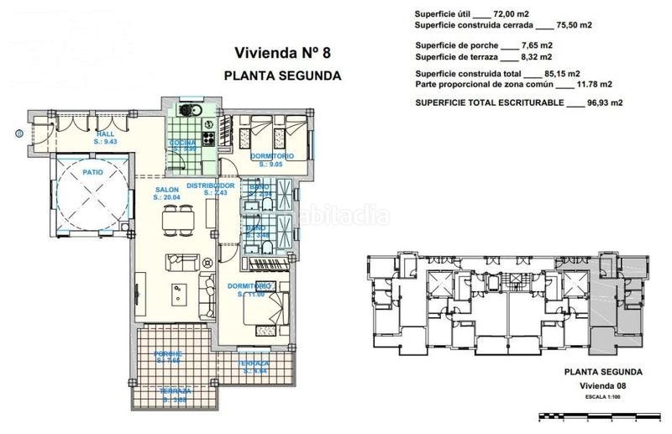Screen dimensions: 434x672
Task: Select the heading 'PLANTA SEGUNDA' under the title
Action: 282,75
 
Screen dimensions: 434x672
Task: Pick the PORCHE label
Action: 168,356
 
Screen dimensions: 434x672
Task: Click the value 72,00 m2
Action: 513,13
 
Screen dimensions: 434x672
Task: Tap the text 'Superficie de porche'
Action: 454,44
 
